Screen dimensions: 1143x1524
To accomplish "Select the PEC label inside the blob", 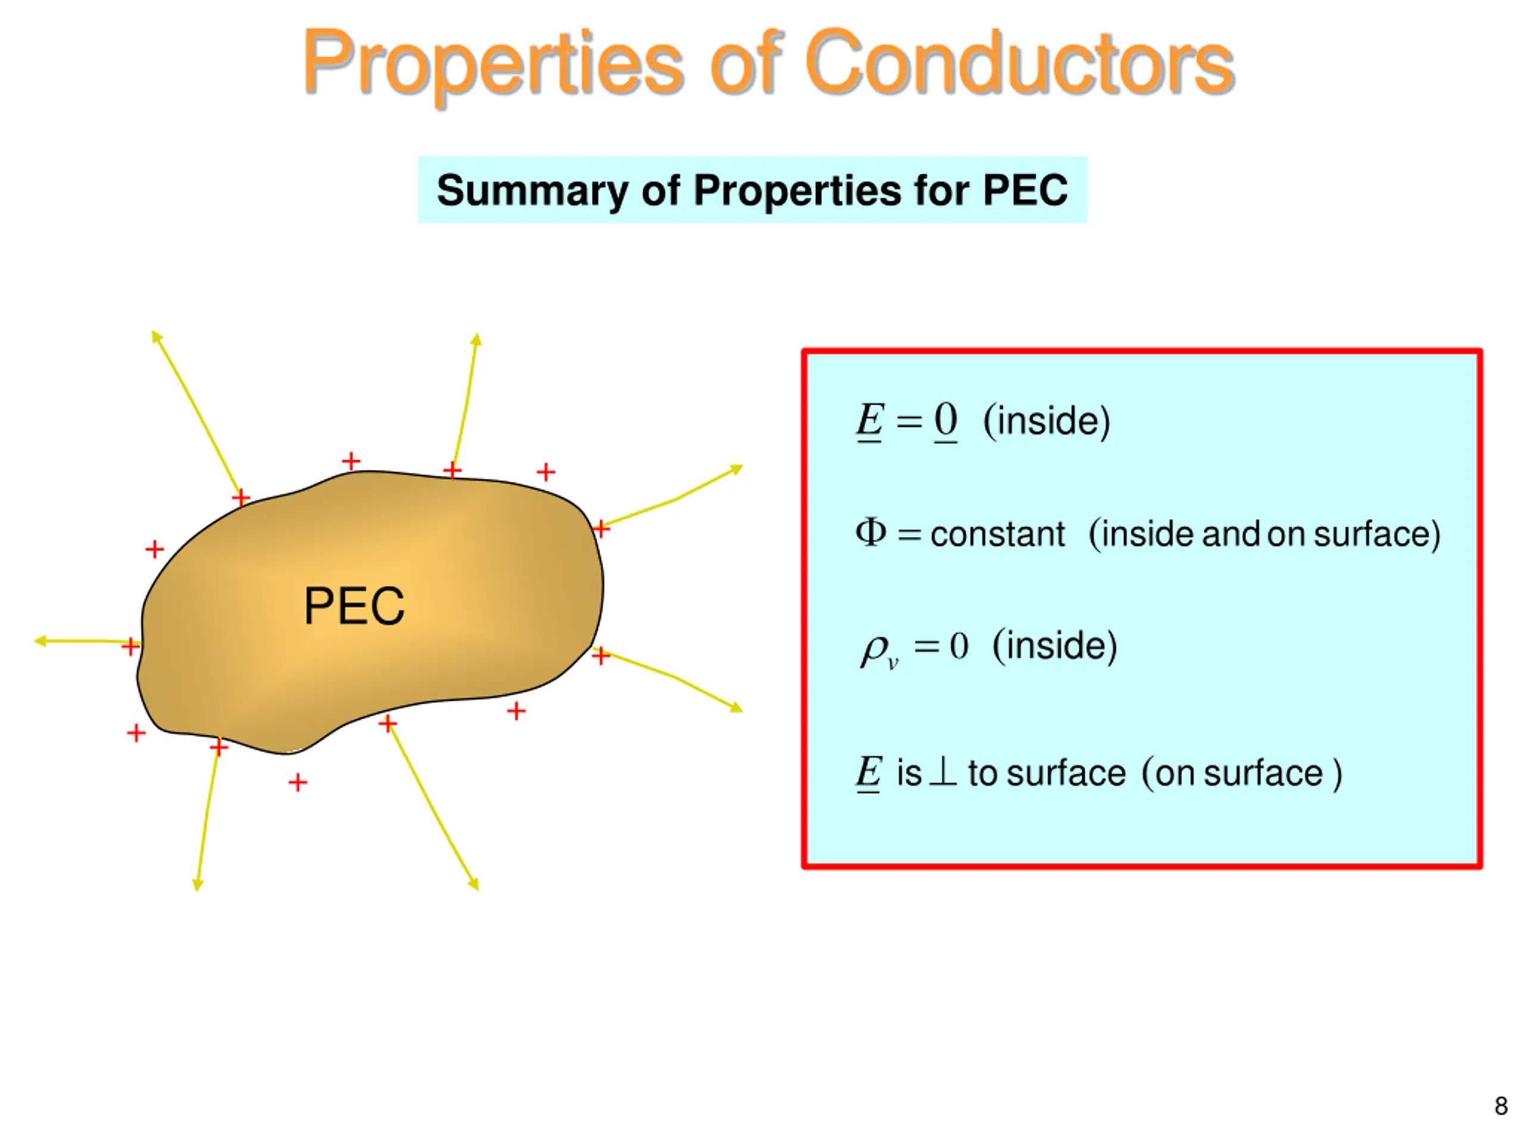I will (x=354, y=606).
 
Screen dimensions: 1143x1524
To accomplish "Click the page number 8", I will (x=1501, y=1106).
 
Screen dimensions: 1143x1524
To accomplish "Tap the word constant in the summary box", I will (x=997, y=535).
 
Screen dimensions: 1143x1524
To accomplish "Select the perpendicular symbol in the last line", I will (x=943, y=772).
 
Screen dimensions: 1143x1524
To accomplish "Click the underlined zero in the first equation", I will (x=945, y=420).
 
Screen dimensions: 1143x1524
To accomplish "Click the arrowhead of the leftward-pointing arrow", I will (x=40, y=641).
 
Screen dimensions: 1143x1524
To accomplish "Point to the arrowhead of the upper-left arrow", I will (x=157, y=336).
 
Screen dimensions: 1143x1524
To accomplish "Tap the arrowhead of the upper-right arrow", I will (x=737, y=469).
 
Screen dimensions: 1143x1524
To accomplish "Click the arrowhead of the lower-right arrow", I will (x=737, y=708).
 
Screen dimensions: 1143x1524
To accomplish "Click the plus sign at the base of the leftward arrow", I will (x=130, y=647).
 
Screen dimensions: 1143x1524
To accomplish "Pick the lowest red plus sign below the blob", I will (x=298, y=783).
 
